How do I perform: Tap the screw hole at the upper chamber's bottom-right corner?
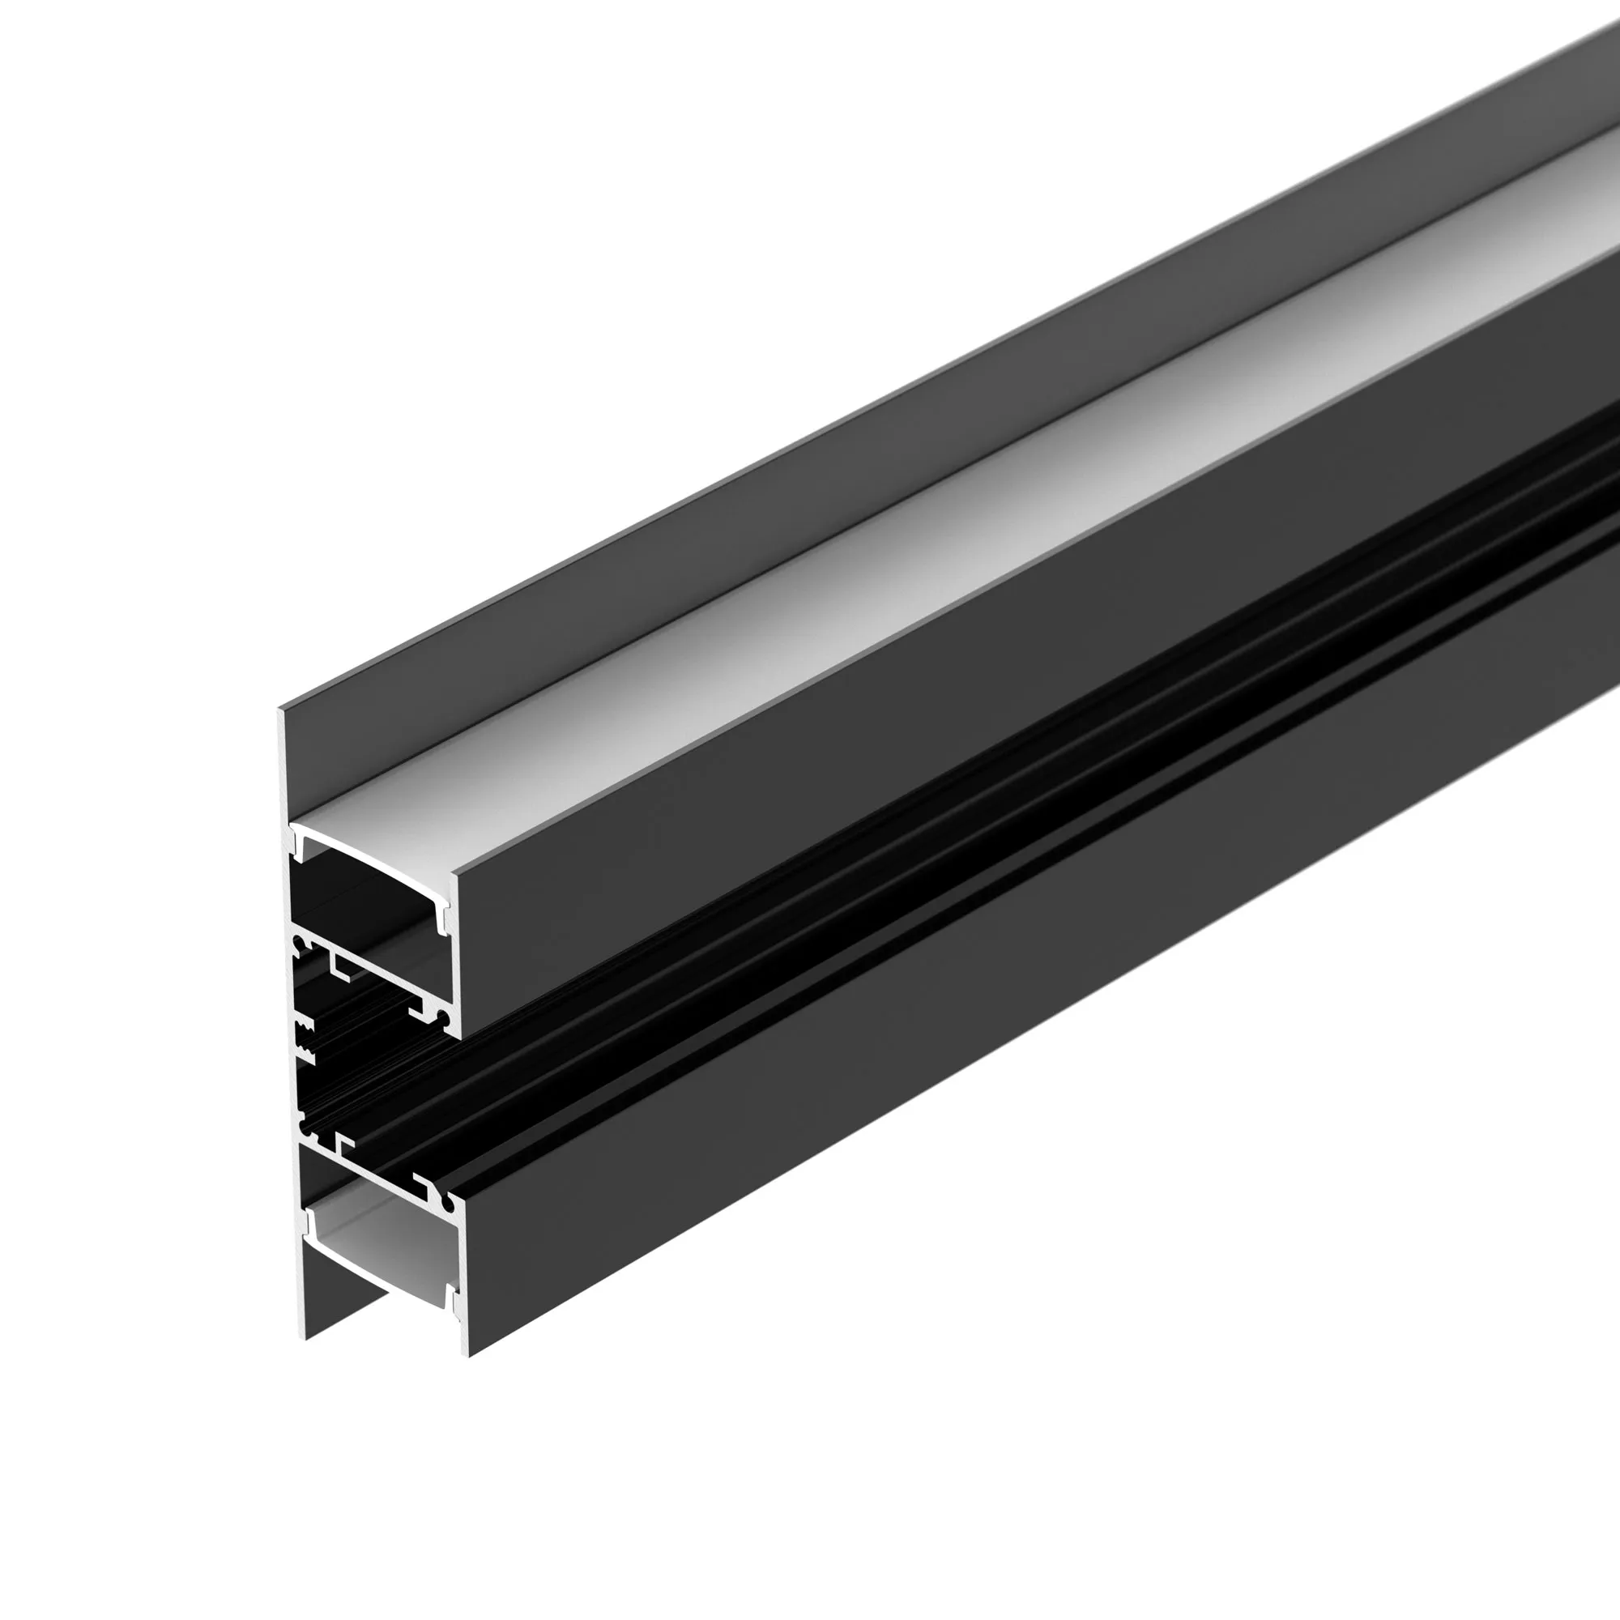443,1017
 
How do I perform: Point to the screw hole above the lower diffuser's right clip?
450,1206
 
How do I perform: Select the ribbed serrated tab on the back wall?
306,1043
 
